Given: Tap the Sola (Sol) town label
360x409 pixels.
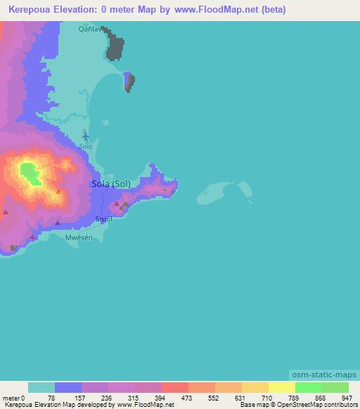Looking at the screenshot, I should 111,184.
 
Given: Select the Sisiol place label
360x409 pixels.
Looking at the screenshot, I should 104,219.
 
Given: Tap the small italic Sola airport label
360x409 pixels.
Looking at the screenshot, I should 86,147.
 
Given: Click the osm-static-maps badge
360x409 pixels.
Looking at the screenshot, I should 323,376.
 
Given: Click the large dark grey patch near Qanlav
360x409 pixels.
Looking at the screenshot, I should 115,46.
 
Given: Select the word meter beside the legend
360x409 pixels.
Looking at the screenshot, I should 12,397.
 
